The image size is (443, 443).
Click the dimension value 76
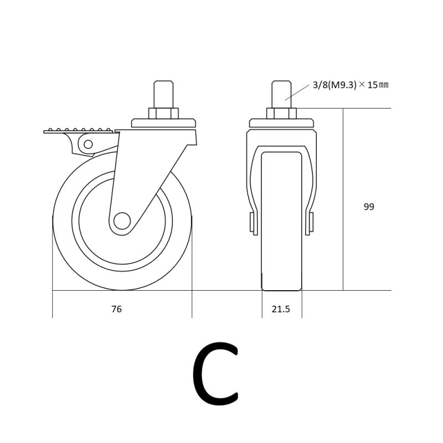116,309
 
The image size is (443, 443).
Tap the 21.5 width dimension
281,309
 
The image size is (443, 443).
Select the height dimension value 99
369,207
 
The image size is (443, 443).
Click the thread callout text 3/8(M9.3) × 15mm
351,85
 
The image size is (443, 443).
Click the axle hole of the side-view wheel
122,220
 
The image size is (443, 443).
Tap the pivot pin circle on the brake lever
88,145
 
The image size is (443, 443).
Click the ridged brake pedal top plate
78,131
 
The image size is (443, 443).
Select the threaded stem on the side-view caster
163,94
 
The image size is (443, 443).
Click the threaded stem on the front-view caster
281,94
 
